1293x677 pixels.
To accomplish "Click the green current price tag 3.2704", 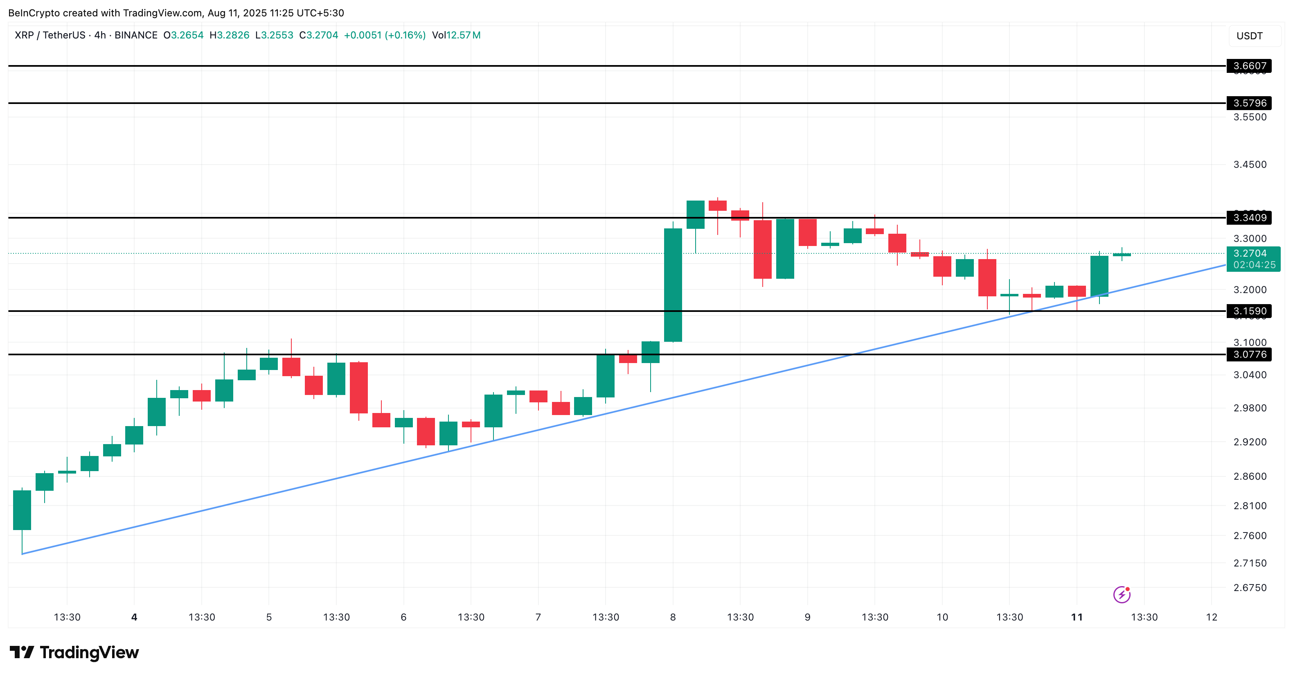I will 1253,254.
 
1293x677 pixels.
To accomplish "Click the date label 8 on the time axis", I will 673,617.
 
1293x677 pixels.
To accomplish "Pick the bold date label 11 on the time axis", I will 1077,617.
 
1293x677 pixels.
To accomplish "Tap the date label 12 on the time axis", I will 1211,617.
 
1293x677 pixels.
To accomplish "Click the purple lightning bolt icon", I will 1121,595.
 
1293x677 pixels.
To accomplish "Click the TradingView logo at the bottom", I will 74,652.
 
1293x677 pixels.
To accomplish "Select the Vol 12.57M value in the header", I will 456,35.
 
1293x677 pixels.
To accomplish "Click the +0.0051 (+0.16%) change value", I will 385,35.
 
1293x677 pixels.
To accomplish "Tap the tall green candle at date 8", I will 673,285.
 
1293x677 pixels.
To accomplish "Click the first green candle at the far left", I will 22,510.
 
